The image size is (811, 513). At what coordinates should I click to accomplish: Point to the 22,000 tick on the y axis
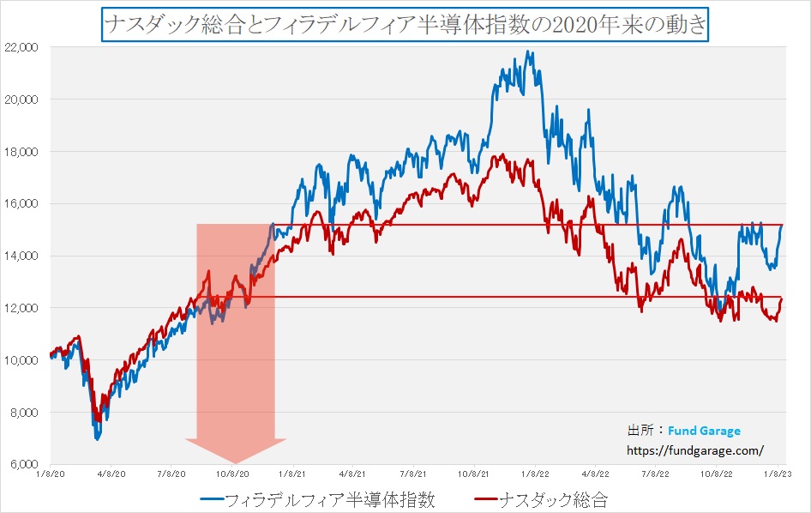point(24,47)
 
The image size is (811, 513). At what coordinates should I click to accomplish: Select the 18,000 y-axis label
point(24,152)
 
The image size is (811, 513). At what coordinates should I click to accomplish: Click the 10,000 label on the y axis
point(24,360)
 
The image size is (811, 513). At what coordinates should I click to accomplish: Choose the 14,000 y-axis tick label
point(24,256)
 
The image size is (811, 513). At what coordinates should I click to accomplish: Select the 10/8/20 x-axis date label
point(232,473)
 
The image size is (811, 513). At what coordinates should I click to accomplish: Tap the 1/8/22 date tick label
point(535,473)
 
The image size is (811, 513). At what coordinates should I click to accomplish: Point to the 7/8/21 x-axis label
point(414,473)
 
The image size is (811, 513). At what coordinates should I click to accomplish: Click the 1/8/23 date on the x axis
point(778,473)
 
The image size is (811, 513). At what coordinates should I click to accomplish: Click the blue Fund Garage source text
point(706,431)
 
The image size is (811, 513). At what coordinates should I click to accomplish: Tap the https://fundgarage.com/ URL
point(695,449)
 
